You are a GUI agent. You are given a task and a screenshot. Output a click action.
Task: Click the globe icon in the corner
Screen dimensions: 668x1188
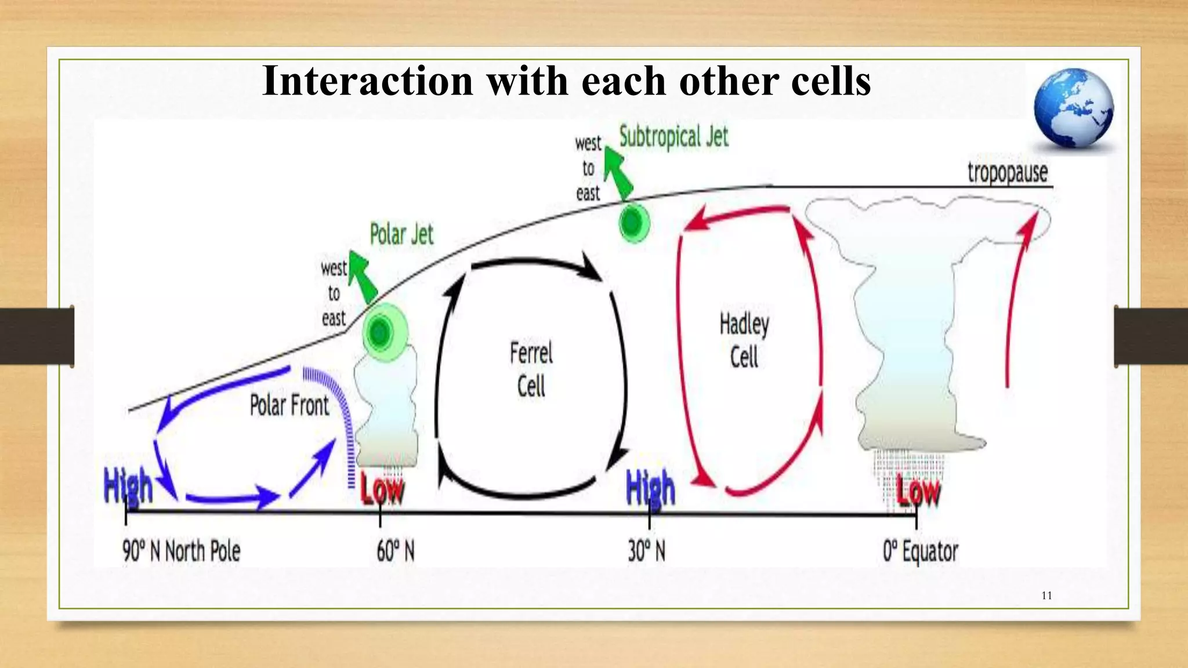tap(1073, 108)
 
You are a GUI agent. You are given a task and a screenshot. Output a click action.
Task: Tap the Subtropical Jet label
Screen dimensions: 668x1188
tap(673, 137)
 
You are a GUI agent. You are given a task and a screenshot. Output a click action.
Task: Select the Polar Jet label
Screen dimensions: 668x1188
tap(401, 235)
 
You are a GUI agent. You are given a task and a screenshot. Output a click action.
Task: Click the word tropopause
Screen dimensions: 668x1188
tap(1008, 173)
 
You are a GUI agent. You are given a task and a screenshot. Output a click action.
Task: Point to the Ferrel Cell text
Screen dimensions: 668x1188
tap(531, 369)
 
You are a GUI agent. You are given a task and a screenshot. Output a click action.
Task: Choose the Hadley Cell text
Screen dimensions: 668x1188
tap(744, 340)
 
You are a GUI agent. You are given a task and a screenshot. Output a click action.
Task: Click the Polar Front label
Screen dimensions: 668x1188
tap(289, 405)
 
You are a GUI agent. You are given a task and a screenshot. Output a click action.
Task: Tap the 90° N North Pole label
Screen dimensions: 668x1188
tap(181, 551)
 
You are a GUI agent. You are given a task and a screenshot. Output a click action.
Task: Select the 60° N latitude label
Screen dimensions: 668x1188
tap(396, 551)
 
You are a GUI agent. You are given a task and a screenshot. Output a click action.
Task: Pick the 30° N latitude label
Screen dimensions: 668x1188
tap(646, 551)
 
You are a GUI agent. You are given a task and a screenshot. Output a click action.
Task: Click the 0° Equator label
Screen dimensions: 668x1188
tap(920, 551)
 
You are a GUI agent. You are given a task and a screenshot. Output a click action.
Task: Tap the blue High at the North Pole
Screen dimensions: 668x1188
tap(128, 486)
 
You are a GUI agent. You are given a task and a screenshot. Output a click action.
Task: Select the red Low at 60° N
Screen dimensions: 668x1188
tap(382, 490)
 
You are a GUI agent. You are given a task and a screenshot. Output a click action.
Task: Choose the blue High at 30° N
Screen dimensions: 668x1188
tap(651, 488)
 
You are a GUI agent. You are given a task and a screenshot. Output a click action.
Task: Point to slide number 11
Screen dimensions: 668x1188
tap(1046, 596)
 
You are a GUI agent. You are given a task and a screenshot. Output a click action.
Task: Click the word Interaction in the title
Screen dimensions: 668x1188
tap(367, 81)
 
